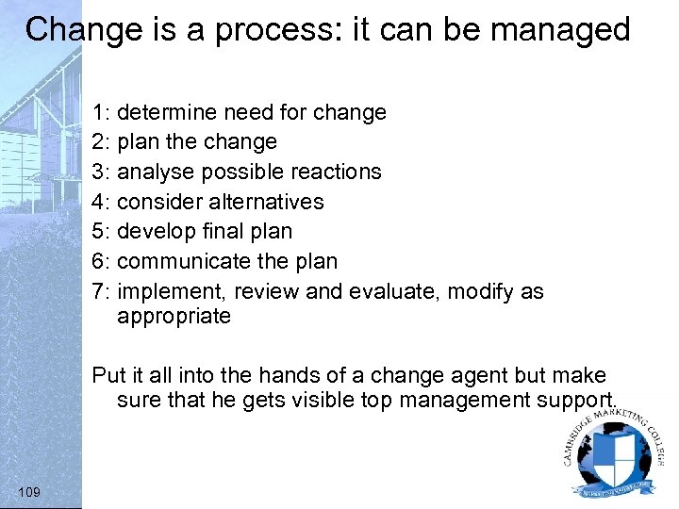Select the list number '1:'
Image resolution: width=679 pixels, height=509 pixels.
pos(102,113)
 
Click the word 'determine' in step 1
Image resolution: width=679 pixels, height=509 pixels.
pos(165,113)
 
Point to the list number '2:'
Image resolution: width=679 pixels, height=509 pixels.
pos(102,142)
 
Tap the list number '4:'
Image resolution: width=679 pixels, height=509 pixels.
pos(102,202)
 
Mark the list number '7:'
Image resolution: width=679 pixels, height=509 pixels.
pos(102,291)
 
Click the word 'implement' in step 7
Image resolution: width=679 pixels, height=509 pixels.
pos(173,291)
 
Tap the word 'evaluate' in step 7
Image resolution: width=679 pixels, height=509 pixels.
pos(393,291)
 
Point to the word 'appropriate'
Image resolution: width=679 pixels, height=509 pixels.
pos(174,317)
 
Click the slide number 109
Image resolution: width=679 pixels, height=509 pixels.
pos(29,491)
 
